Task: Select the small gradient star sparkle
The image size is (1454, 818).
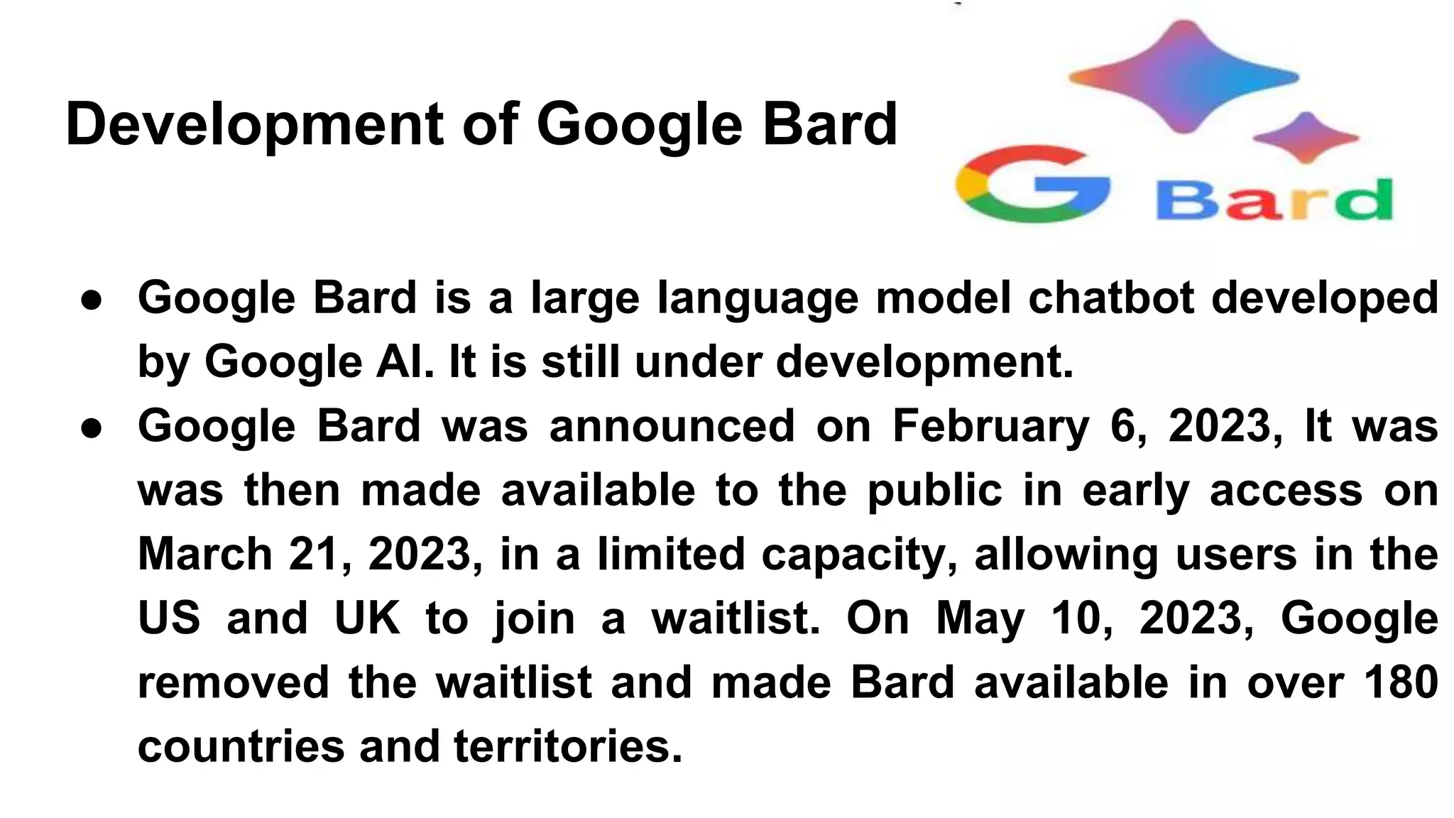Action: tap(1305, 138)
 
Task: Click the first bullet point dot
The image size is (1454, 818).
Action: tap(92, 299)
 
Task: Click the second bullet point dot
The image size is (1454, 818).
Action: tap(92, 427)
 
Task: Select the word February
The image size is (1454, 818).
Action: tap(990, 426)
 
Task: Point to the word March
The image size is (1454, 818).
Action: tap(204, 554)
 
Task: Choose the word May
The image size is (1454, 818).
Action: tap(980, 618)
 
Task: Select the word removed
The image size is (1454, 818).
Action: tap(233, 682)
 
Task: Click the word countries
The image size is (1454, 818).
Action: tap(240, 747)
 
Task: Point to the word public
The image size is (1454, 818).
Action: tap(935, 491)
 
